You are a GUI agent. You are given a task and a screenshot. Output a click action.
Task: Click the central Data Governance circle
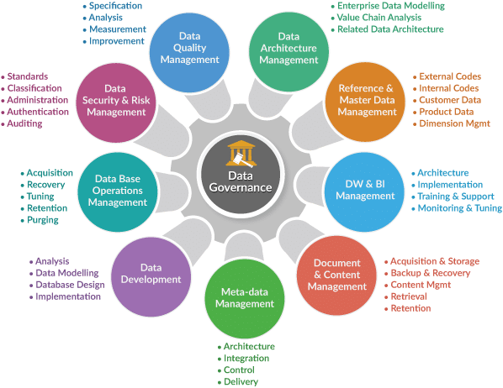(241, 174)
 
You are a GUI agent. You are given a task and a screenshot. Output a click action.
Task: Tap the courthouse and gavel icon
(241, 155)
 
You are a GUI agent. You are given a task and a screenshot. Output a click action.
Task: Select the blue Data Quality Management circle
(189, 53)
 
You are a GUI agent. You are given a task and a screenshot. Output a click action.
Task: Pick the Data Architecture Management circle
(289, 52)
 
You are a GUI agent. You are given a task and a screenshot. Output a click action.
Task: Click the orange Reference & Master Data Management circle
(365, 102)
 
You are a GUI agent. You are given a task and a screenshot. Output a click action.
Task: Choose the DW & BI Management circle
(364, 192)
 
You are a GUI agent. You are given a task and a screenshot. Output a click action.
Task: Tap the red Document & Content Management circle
(336, 275)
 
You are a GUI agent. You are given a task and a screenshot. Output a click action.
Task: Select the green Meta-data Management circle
(245, 299)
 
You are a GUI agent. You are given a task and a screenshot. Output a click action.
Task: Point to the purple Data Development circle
(151, 277)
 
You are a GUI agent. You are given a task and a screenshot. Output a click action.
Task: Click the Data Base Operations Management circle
(118, 192)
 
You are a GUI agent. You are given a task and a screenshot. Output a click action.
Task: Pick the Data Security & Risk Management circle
(116, 102)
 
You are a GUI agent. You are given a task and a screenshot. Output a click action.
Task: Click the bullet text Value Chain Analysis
(379, 18)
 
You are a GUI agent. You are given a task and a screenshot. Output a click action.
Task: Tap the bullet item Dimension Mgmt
(454, 123)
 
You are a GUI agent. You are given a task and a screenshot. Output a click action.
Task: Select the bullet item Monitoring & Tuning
(460, 208)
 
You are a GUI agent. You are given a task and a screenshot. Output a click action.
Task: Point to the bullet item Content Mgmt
(421, 285)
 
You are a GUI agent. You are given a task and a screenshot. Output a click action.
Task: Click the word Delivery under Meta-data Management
(241, 381)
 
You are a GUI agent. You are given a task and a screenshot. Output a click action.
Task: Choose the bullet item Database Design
(70, 285)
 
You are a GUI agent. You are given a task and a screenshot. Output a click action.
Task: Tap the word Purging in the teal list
(43, 220)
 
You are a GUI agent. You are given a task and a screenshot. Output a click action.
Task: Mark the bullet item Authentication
(38, 112)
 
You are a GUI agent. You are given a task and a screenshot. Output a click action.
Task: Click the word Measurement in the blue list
(118, 29)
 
